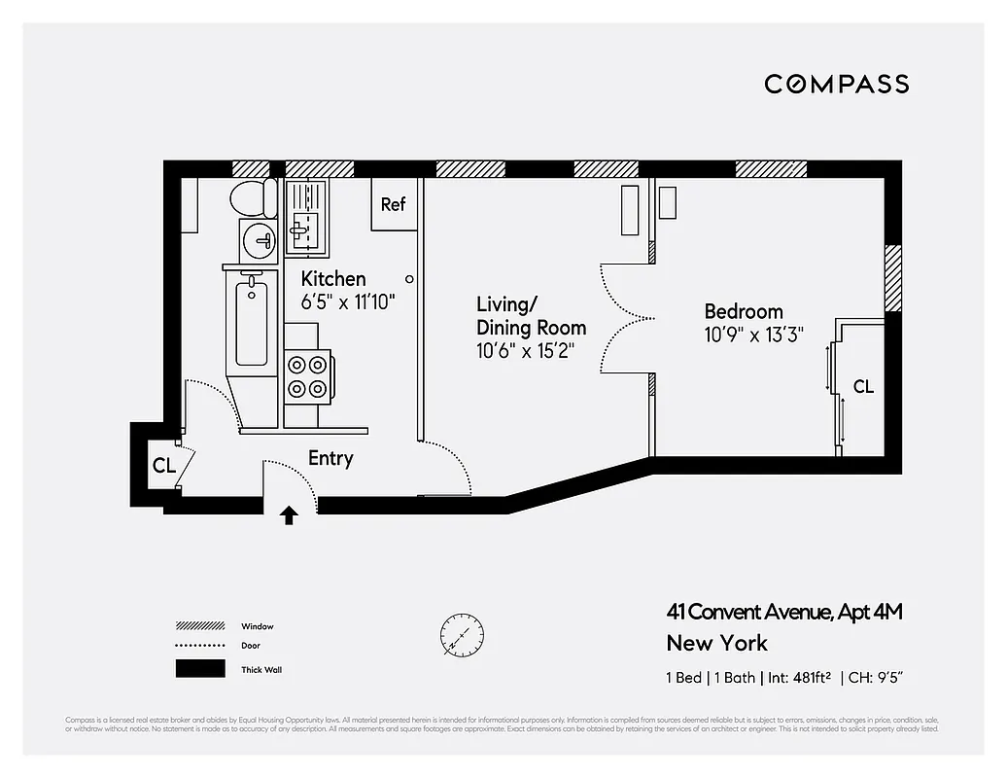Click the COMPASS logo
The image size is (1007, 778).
[836, 84]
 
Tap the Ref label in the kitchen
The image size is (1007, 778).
[393, 204]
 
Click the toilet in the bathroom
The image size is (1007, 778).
[253, 198]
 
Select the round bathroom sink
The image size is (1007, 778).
[260, 236]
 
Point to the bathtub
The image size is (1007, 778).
[252, 321]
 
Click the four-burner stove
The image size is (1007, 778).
[307, 377]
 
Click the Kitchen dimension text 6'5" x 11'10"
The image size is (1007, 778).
[347, 302]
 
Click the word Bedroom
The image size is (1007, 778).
[743, 311]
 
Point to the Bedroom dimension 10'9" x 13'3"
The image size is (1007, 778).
[753, 336]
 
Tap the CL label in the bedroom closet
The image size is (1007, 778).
[863, 386]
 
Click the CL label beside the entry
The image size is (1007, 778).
[163, 465]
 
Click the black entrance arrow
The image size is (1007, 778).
[289, 514]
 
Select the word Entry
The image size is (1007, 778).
[330, 458]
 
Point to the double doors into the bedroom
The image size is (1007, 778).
[627, 319]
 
